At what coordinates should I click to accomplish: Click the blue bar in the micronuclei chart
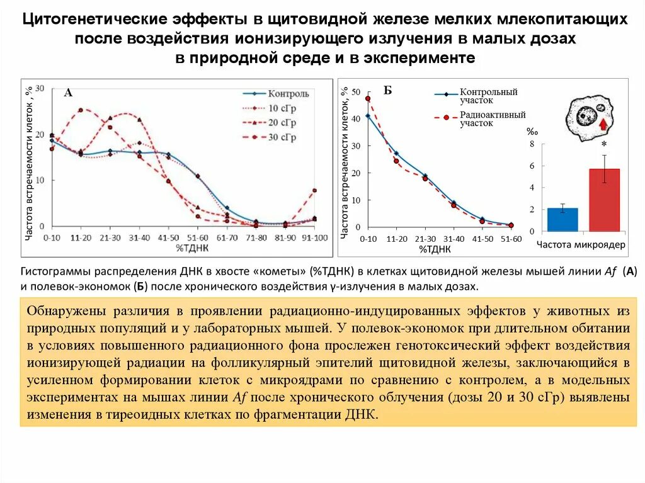[562, 219]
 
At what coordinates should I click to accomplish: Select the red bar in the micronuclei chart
[605, 200]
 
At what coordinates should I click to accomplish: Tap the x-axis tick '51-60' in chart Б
[511, 239]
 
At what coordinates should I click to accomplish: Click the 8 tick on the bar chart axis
[531, 144]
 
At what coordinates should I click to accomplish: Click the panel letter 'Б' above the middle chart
[387, 91]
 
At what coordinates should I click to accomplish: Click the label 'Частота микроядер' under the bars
[581, 244]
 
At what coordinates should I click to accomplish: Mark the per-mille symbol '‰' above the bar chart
[532, 132]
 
